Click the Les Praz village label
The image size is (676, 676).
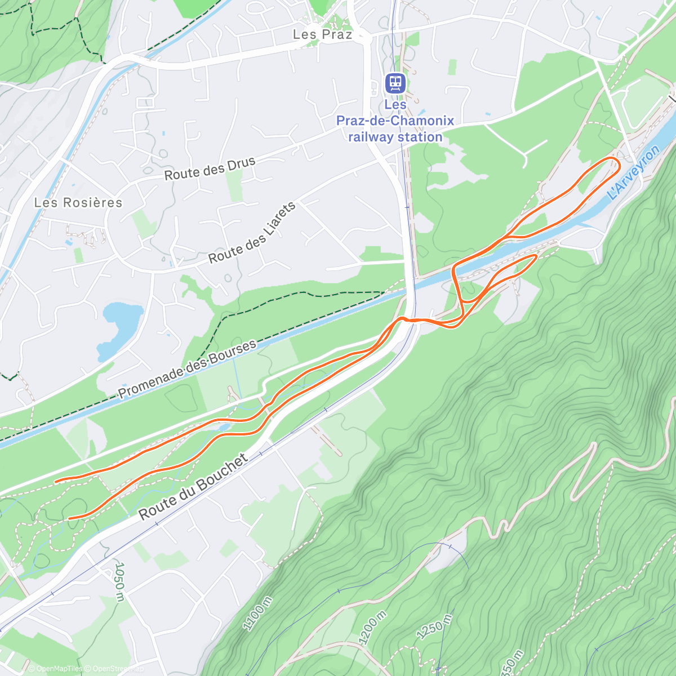322,34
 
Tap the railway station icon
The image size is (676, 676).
395,83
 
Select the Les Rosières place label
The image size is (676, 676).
78,202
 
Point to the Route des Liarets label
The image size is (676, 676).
252,233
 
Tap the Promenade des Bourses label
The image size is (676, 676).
187,369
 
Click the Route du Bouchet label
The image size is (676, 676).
193,487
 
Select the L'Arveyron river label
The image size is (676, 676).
634,173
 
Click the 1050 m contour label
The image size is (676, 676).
119,581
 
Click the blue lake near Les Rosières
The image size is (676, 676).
120,327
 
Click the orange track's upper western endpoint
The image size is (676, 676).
55,481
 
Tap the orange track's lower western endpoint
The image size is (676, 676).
68,518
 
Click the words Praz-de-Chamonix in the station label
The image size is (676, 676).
395,121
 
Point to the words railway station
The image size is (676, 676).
395,137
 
